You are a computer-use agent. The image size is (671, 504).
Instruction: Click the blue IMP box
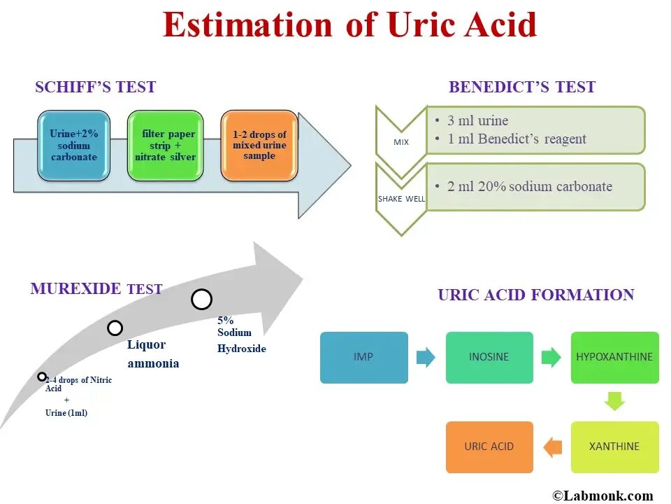(363, 357)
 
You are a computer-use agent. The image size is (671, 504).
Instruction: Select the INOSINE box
(489, 357)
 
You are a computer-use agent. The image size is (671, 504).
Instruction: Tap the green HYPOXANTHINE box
(614, 357)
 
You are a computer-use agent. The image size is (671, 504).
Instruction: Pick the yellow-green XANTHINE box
(614, 447)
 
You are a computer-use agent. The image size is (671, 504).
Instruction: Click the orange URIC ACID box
(489, 447)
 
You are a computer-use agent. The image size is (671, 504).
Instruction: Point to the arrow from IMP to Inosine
(426, 358)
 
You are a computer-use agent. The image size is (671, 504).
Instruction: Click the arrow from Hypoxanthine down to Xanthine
(614, 402)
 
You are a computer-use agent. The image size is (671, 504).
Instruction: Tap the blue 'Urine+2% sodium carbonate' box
(73, 146)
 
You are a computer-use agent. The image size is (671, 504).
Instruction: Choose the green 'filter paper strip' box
(165, 146)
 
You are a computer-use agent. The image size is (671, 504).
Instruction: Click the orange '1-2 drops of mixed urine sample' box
(259, 146)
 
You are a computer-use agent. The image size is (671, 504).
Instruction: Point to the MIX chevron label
(401, 142)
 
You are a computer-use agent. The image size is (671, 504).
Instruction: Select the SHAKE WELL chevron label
(401, 199)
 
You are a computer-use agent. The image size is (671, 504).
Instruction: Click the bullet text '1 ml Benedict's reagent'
(517, 139)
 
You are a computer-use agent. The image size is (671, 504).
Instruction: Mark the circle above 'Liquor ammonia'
(115, 328)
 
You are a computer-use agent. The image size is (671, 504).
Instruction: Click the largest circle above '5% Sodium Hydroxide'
(201, 300)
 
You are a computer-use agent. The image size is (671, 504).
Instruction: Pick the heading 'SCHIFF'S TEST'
(95, 87)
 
